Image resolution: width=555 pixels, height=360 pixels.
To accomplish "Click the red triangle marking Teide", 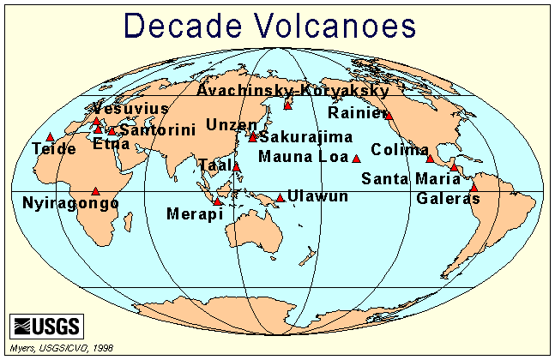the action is click(51, 136).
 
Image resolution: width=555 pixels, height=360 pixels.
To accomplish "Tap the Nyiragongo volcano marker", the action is click(95, 191).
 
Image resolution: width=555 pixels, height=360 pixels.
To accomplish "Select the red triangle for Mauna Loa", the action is click(357, 159).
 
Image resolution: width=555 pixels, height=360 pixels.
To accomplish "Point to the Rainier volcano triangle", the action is click(389, 115).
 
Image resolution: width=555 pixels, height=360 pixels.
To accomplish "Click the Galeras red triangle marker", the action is click(474, 187).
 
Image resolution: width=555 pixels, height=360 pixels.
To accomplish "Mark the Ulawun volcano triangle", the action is click(281, 198).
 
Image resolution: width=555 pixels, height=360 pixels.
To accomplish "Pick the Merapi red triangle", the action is click(218, 202).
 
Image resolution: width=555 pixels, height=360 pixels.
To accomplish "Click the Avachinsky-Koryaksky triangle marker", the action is click(288, 105).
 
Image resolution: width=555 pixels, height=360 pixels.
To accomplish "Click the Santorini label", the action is click(158, 129).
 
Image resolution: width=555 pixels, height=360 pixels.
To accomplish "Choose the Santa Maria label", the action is click(404, 179).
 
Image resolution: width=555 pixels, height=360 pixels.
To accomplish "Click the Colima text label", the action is click(400, 149).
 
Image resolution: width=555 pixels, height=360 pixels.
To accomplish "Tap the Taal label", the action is click(212, 164).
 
